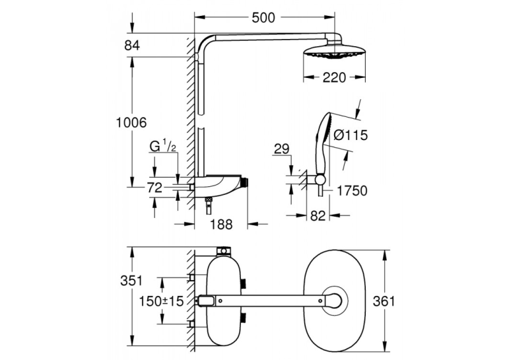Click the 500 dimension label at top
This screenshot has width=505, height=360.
[263, 18]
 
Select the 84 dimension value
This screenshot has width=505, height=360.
[132, 46]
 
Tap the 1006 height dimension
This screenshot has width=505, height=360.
[131, 122]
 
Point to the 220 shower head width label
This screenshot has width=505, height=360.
[334, 77]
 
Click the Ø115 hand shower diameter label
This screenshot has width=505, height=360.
[351, 135]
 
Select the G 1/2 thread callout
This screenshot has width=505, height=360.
[163, 147]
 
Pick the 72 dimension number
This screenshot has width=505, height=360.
[154, 187]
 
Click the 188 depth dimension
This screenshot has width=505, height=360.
[221, 224]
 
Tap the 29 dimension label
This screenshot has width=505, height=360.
[282, 149]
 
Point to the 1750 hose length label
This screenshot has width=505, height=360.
[352, 191]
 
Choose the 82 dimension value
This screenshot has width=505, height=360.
[318, 216]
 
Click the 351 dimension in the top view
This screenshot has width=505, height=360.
[131, 280]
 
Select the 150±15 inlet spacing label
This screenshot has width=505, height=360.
[161, 301]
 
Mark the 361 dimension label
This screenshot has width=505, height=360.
[384, 301]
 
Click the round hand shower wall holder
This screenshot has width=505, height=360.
[320, 180]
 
